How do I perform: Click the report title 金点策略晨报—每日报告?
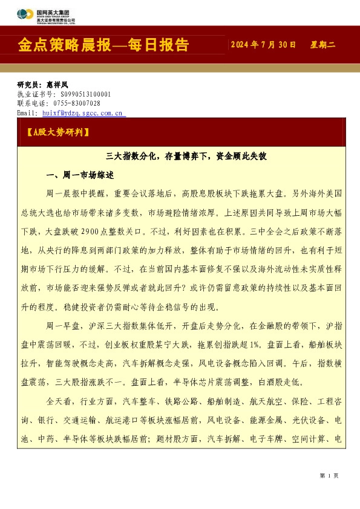pyautogui.click(x=103, y=45)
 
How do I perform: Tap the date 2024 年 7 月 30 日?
pyautogui.click(x=264, y=45)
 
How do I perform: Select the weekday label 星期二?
pyautogui.click(x=322, y=45)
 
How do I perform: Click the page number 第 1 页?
pyautogui.click(x=329, y=476)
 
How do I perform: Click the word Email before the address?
pyautogui.click(x=27, y=112)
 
